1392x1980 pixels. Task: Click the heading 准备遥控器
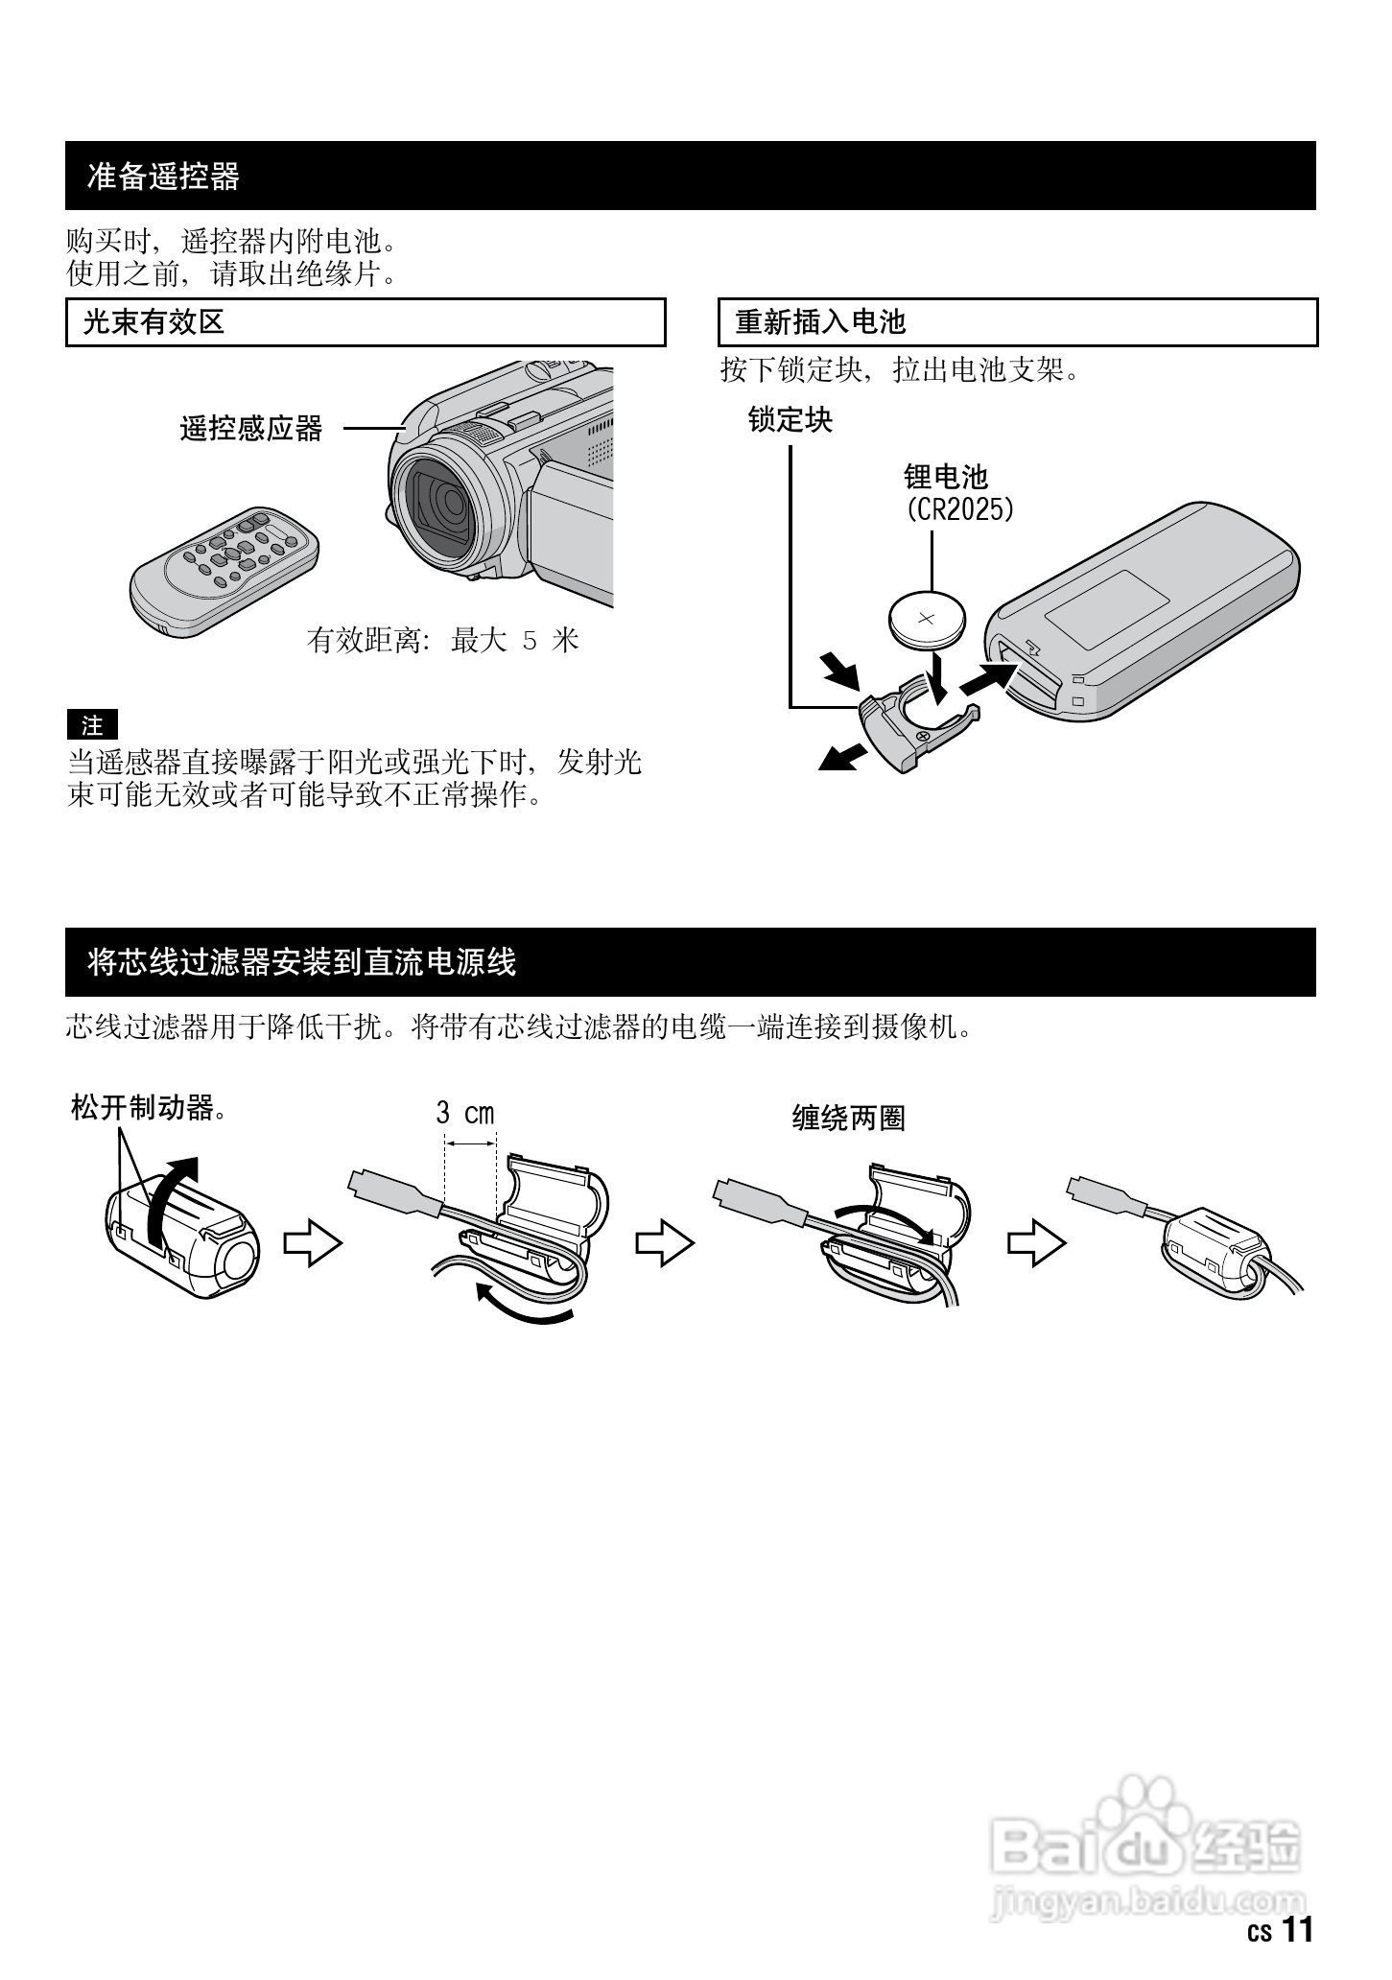point(163,177)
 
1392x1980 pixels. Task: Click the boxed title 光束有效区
point(153,322)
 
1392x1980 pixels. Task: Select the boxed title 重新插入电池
point(820,322)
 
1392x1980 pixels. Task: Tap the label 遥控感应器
point(251,429)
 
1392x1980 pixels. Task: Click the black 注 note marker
point(92,725)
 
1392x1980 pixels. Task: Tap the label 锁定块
point(790,420)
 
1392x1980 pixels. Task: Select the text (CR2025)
point(959,508)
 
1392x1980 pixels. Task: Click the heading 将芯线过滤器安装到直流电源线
point(301,962)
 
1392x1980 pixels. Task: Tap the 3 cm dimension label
point(465,1114)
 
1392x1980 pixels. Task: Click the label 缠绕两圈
point(848,1118)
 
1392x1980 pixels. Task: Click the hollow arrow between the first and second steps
point(313,1244)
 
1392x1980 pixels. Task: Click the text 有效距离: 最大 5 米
point(443,640)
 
